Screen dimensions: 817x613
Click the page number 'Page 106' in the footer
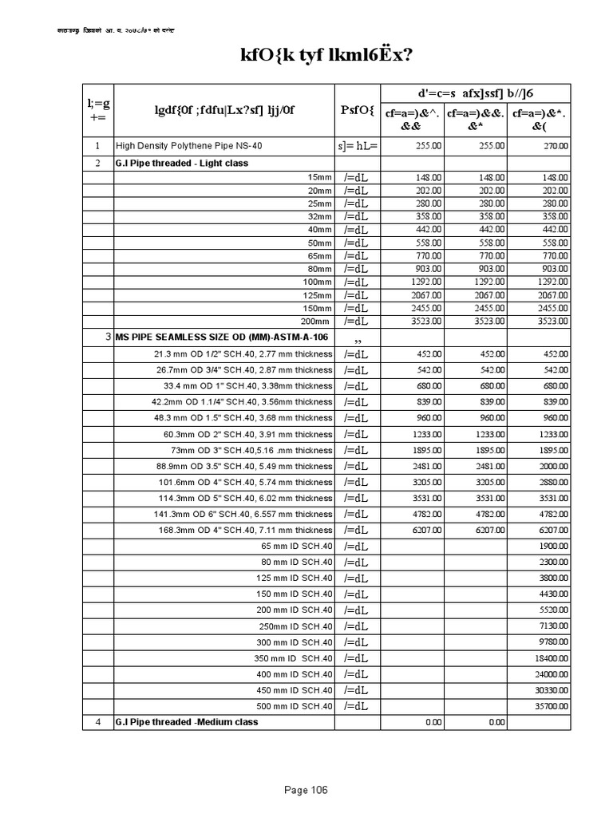306,790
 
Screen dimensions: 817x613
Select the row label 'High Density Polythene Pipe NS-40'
188,146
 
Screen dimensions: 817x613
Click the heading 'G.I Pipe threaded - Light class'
182,163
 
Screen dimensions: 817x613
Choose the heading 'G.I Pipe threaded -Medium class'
187,722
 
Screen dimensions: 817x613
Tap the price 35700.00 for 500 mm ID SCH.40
552,706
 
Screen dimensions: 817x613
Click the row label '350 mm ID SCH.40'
292,658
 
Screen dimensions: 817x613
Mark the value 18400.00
552,658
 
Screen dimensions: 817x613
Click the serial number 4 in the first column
97,722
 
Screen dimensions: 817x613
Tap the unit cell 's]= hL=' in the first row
357,147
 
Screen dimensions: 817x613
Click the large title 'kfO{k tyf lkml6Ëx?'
306,56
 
